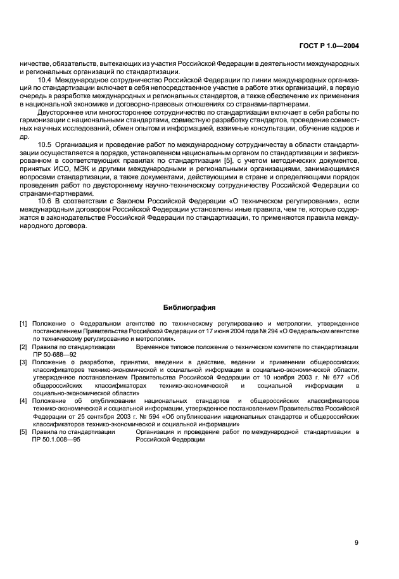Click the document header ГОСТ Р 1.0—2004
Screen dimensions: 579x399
tap(328, 46)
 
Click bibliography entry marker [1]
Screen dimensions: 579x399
tap(23, 324)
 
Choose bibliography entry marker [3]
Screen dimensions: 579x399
tap(23, 362)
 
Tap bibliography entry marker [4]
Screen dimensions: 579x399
tap(23, 401)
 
